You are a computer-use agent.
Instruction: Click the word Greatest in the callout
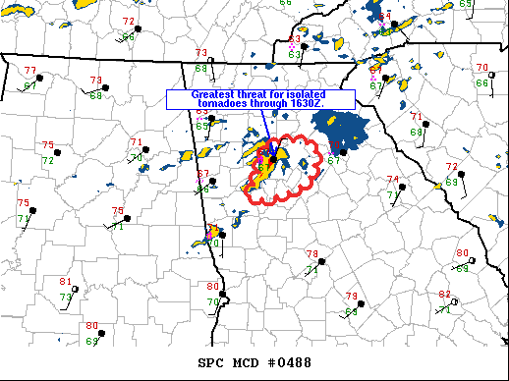(x=197, y=95)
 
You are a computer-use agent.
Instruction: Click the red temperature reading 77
(x=29, y=71)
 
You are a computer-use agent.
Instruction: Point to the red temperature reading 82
(x=444, y=295)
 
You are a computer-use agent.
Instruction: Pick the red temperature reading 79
(x=351, y=296)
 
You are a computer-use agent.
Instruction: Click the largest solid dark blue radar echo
(x=340, y=128)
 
